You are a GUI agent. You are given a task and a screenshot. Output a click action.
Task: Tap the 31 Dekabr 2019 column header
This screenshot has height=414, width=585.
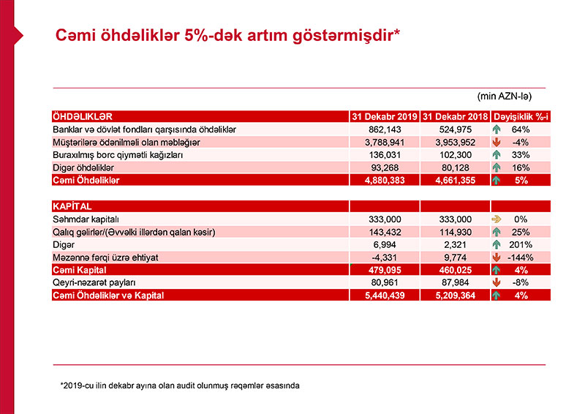384,116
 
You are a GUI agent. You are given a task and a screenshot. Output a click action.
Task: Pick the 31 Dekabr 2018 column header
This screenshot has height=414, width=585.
455,116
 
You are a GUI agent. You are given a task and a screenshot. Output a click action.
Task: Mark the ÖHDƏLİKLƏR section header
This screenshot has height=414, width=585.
82,116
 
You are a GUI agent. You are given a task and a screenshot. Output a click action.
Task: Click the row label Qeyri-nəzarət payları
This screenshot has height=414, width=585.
96,283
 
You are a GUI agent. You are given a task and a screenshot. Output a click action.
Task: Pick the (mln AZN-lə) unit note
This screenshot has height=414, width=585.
504,96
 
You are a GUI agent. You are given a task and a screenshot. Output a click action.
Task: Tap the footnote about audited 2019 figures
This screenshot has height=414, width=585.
180,385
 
